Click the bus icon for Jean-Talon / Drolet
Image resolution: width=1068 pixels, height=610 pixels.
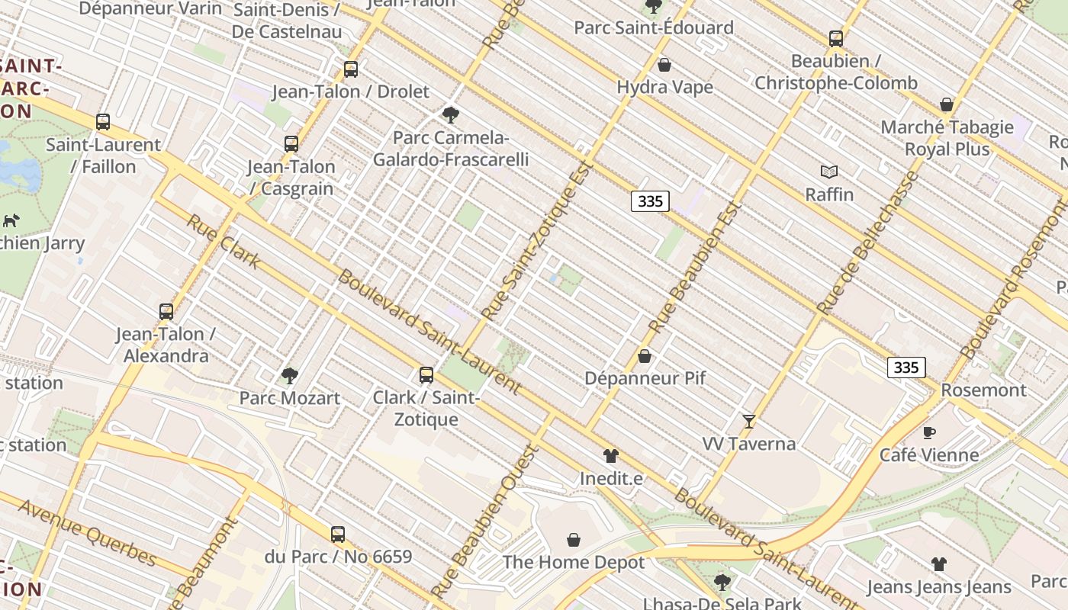pyautogui.click(x=351, y=69)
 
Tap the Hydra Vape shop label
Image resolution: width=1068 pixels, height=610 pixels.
pyautogui.click(x=664, y=87)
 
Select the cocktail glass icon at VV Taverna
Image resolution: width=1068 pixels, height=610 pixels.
pyautogui.click(x=749, y=421)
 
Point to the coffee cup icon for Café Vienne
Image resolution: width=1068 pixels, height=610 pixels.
pyautogui.click(x=928, y=432)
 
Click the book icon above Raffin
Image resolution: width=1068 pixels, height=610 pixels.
pyautogui.click(x=829, y=172)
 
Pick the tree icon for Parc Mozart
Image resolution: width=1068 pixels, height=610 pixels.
pyautogui.click(x=289, y=375)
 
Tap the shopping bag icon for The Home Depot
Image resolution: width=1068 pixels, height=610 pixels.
pyautogui.click(x=574, y=540)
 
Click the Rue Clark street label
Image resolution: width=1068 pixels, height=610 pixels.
pyautogui.click(x=224, y=242)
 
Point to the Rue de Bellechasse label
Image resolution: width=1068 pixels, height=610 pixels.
pyautogui.click(x=869, y=242)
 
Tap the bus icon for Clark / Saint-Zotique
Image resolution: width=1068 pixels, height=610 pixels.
pyautogui.click(x=426, y=374)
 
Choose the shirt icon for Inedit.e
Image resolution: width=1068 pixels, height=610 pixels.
pyautogui.click(x=610, y=456)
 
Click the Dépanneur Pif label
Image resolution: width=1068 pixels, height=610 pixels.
pyautogui.click(x=645, y=378)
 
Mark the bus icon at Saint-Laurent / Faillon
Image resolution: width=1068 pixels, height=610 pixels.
pyautogui.click(x=103, y=121)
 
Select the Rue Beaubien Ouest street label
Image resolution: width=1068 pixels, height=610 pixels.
pyautogui.click(x=485, y=521)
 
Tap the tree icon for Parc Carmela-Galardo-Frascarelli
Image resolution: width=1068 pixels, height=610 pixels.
pyautogui.click(x=450, y=115)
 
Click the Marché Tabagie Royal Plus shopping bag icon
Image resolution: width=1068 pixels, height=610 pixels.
pyautogui.click(x=947, y=104)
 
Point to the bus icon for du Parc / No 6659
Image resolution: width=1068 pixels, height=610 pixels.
pyautogui.click(x=338, y=535)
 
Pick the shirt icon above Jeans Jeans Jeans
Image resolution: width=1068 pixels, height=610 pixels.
pyautogui.click(x=938, y=564)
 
